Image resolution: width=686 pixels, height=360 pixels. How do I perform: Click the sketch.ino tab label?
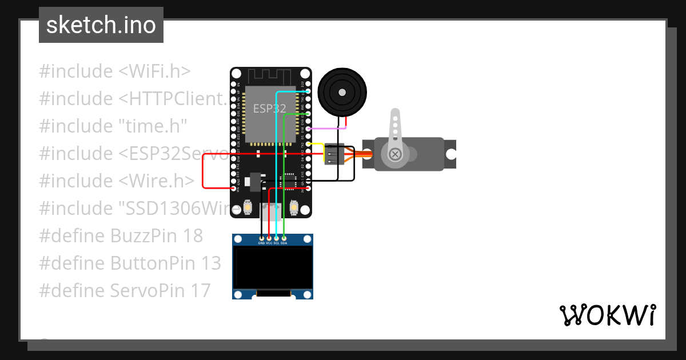(101, 25)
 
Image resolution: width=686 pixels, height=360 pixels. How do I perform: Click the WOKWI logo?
(607, 315)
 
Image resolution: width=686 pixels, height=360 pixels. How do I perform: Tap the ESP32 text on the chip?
(269, 109)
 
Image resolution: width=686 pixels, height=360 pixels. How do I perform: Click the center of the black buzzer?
(342, 91)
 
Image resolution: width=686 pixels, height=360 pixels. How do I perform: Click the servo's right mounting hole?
(451, 154)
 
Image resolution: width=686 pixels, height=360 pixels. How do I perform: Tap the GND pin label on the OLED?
(261, 243)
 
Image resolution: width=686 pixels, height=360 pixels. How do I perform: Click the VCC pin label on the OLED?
(269, 243)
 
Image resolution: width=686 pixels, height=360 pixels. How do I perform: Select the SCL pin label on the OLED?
(276, 243)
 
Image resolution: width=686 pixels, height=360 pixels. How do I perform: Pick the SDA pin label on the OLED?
(284, 243)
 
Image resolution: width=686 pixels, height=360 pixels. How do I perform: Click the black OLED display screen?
(273, 267)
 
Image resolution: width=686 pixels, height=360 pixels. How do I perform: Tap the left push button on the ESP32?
(249, 207)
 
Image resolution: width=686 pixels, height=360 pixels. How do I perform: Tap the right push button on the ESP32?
(294, 207)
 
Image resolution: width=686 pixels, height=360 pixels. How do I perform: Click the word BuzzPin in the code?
(145, 235)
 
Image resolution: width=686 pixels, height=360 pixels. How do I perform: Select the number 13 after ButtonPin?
(210, 263)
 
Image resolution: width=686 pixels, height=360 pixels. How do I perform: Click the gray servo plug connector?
(334, 154)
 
